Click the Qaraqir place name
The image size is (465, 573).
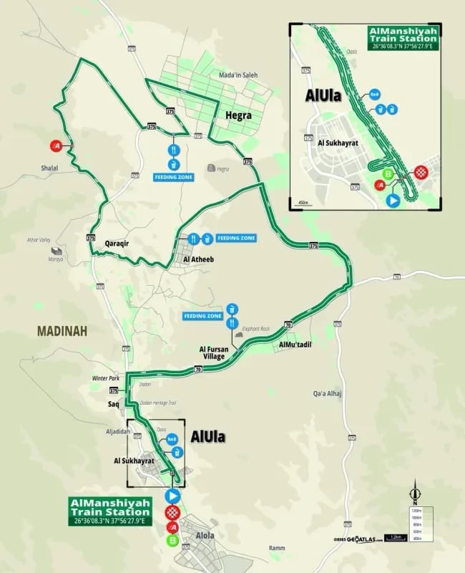(x=120, y=243)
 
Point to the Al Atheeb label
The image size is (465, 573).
(x=197, y=260)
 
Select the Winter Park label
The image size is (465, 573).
(x=104, y=377)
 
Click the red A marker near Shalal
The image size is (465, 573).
(x=59, y=146)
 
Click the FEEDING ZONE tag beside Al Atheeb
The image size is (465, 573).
(x=235, y=237)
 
